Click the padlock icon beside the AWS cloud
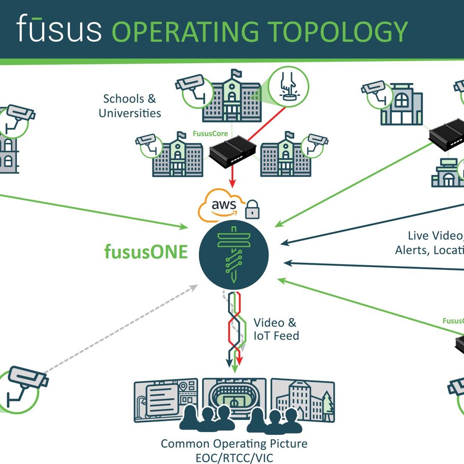coord(252,209)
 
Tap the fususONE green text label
coord(146,252)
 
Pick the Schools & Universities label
coord(129,106)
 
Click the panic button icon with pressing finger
coord(288,87)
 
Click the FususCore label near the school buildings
coord(210,134)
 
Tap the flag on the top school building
coord(237,73)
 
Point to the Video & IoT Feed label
coord(276,329)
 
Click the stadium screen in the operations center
coord(234,396)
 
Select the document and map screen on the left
coord(165,398)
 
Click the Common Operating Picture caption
coord(234,443)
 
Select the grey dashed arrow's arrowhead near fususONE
coord(194,287)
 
